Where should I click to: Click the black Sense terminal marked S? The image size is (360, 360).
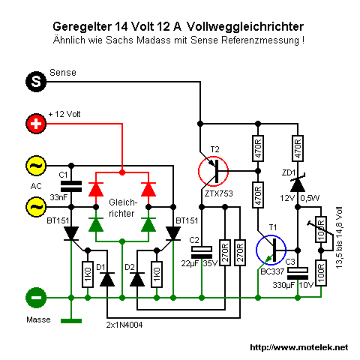[x=36, y=82]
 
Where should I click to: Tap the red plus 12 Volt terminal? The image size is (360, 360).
[x=36, y=124]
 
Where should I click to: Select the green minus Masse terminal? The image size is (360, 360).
[x=36, y=298]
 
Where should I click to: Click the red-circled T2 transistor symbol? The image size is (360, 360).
[x=213, y=171]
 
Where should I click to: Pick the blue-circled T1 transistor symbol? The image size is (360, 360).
[x=271, y=250]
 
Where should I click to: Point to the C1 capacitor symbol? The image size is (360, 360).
[x=71, y=187]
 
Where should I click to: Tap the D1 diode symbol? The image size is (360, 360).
[x=107, y=279]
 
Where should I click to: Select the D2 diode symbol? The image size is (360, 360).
[x=137, y=279]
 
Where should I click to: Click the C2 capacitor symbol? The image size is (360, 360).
[x=202, y=252]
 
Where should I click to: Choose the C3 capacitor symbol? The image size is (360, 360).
[x=298, y=273]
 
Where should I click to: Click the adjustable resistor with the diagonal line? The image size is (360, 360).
[x=321, y=229]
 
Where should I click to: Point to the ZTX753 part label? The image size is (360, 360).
[x=218, y=193]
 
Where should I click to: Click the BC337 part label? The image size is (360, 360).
[x=272, y=271]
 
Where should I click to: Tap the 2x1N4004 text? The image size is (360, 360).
[x=124, y=325]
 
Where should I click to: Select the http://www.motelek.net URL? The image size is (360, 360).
[x=299, y=347]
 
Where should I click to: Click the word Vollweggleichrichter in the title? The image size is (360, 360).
[x=245, y=26]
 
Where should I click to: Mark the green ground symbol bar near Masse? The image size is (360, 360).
[x=71, y=321]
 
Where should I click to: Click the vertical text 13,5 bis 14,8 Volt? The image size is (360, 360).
[x=339, y=238]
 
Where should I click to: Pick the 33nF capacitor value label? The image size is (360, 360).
[x=58, y=197]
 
